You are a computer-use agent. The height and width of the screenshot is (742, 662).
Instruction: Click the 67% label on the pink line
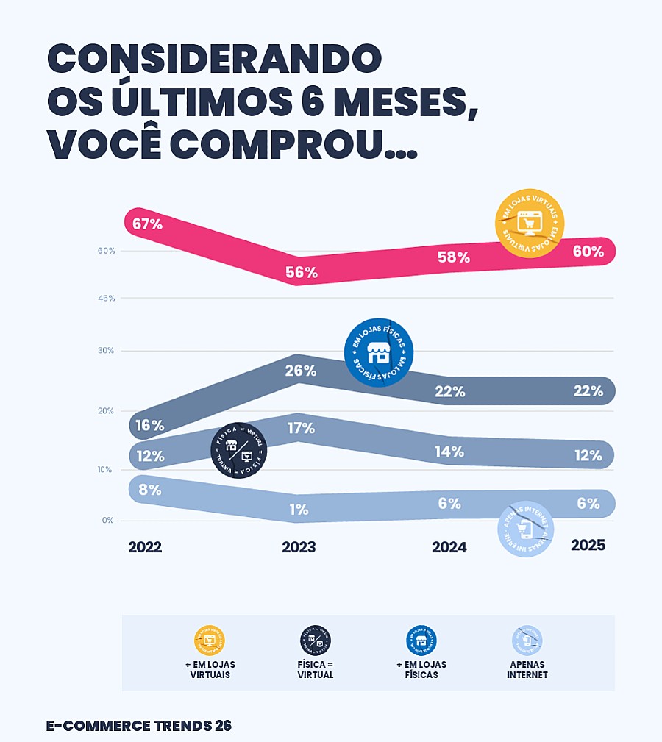click(148, 224)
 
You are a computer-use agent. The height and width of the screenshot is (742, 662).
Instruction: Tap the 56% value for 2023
click(302, 273)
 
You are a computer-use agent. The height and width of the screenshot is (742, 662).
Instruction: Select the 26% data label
click(301, 371)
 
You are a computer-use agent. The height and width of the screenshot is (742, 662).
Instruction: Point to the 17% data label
click(301, 428)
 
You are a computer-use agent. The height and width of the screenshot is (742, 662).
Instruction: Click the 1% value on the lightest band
click(299, 510)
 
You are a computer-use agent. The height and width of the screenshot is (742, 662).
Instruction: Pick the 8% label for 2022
click(149, 490)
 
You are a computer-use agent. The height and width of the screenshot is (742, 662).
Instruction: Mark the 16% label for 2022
click(149, 425)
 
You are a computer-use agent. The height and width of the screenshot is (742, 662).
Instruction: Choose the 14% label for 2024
click(449, 452)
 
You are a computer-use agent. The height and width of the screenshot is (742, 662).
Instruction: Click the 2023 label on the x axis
click(299, 547)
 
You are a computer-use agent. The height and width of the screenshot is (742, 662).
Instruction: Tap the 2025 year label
click(588, 546)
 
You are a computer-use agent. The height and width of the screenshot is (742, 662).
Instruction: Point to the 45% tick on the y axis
click(107, 298)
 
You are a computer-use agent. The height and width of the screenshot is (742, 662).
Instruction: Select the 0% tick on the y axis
click(108, 520)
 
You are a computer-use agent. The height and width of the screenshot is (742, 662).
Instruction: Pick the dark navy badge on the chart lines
click(239, 450)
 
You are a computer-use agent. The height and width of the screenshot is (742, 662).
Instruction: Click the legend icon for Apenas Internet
click(527, 641)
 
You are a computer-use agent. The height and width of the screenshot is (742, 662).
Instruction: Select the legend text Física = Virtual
click(316, 669)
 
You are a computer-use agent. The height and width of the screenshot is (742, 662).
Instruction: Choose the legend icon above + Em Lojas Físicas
click(421, 641)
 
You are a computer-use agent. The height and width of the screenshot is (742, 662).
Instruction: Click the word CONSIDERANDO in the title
click(214, 59)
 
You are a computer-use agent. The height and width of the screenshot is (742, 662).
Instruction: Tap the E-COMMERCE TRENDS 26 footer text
click(139, 725)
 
